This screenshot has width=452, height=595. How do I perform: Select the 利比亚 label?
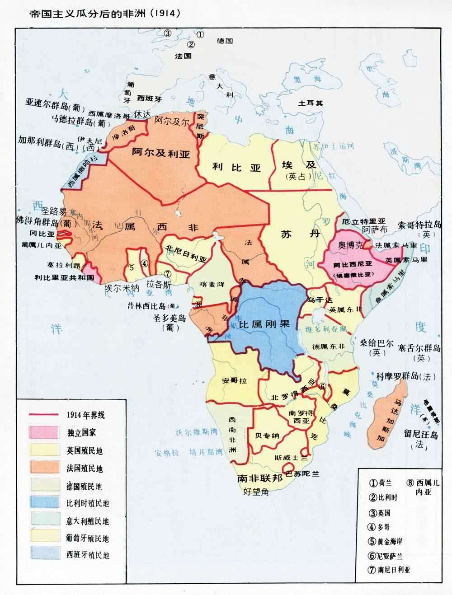(237, 167)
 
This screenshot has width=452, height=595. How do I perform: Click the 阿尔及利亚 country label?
(161, 152)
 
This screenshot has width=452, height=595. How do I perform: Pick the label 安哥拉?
(235, 381)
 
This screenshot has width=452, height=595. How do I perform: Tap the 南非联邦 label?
(257, 479)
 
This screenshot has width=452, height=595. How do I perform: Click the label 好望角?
(256, 492)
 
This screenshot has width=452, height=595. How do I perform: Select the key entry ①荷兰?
(379, 482)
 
